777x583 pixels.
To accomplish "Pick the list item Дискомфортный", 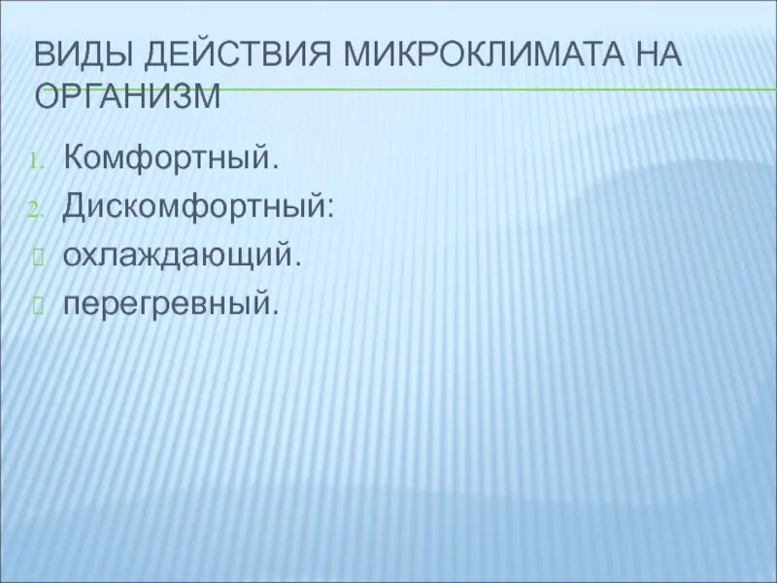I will (199, 208).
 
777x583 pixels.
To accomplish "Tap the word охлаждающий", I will (179, 257).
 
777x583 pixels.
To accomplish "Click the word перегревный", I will (171, 305).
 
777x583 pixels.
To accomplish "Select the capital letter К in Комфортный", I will (74, 157).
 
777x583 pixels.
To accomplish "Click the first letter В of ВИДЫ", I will (44, 55).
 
